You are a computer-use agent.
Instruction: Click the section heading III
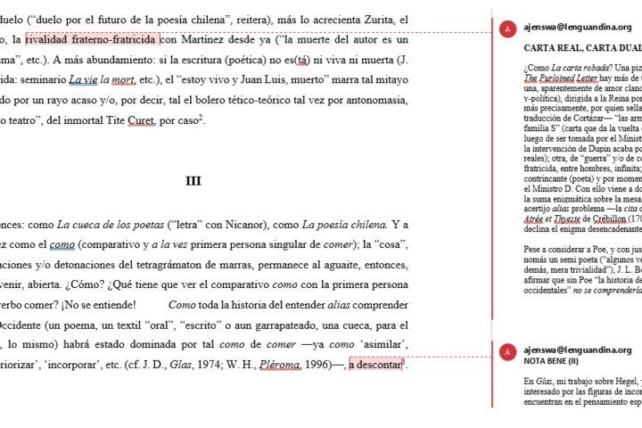193,181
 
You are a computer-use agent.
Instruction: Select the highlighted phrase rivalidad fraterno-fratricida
93,39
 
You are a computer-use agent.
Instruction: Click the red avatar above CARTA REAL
508,29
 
